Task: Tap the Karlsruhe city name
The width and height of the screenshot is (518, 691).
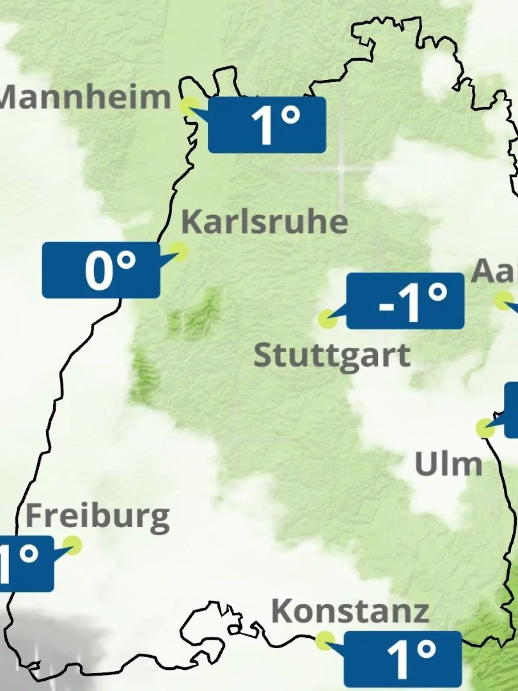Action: click(265, 222)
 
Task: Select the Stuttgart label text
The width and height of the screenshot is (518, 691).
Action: click(332, 357)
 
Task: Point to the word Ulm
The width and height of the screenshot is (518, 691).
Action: click(449, 464)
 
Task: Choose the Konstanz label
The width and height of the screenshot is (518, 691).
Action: click(350, 612)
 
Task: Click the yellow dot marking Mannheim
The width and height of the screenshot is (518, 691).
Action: click(190, 106)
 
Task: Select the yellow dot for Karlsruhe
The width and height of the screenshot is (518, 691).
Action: click(178, 251)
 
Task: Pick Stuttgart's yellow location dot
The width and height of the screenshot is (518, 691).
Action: click(327, 319)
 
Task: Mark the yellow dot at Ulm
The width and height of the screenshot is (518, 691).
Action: click(485, 428)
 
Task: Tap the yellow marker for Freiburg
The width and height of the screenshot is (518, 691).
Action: click(73, 545)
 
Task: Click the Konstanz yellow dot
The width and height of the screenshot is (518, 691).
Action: click(325, 640)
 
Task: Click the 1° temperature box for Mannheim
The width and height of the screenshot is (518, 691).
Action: click(267, 125)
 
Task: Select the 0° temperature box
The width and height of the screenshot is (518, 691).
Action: click(101, 270)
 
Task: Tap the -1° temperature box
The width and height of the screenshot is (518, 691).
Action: click(405, 301)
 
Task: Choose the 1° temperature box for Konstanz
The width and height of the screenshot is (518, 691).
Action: click(403, 659)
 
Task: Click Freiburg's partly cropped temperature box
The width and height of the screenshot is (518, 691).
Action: click(26, 564)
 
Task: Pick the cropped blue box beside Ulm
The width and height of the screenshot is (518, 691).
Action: click(512, 409)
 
